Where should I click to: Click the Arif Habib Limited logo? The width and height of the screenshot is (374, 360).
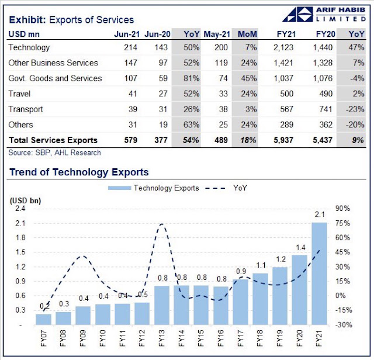324,14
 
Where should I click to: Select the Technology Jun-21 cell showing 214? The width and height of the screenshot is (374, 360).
130,47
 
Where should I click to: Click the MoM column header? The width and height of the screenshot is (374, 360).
247,34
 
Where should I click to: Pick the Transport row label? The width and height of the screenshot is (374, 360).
26,109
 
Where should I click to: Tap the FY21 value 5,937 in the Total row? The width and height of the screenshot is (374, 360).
283,140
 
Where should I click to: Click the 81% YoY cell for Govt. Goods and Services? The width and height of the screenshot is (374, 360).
191,78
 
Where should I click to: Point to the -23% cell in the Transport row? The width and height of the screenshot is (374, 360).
355,109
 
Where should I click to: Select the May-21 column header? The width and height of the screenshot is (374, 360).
217,34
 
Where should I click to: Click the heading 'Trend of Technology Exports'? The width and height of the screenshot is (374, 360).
79,172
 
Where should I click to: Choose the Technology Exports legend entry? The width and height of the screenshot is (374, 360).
153,188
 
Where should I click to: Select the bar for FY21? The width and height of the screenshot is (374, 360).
320,274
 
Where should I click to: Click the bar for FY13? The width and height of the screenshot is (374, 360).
162,306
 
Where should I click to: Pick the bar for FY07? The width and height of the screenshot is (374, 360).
43,320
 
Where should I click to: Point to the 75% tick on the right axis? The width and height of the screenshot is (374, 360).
342,223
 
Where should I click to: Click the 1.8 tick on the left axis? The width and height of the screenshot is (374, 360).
20,238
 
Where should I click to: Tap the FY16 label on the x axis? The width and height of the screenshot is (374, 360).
221,338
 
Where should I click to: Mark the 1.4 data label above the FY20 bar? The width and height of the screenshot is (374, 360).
300,248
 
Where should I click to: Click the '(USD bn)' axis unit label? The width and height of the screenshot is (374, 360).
25,200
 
